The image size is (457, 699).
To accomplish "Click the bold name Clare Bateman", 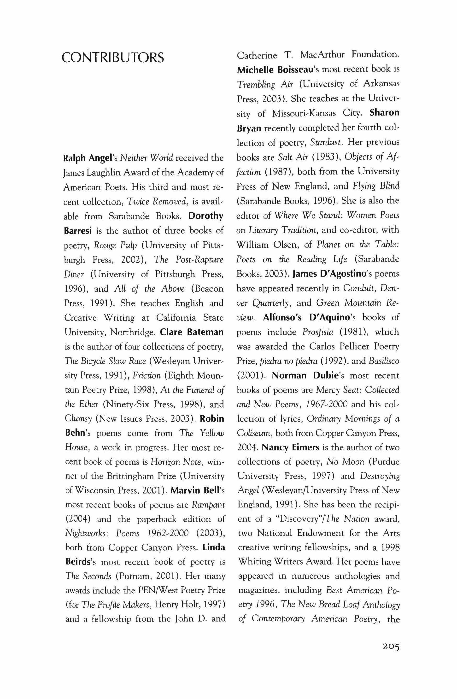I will pos(192,332).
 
